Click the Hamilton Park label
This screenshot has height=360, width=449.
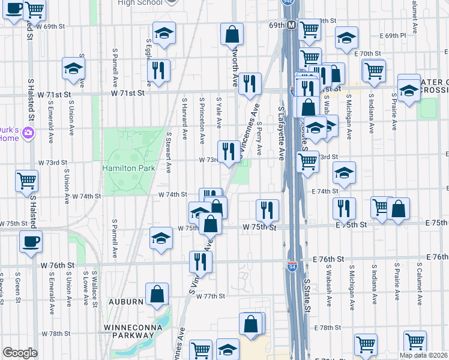click(x=128, y=168)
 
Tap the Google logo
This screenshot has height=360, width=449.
click(x=20, y=353)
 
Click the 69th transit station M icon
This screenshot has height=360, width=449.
click(x=291, y=26)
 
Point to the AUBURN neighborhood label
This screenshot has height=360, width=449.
click(x=125, y=301)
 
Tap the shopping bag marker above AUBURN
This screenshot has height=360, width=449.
click(x=157, y=294)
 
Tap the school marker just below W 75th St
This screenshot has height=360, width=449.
click(x=161, y=239)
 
